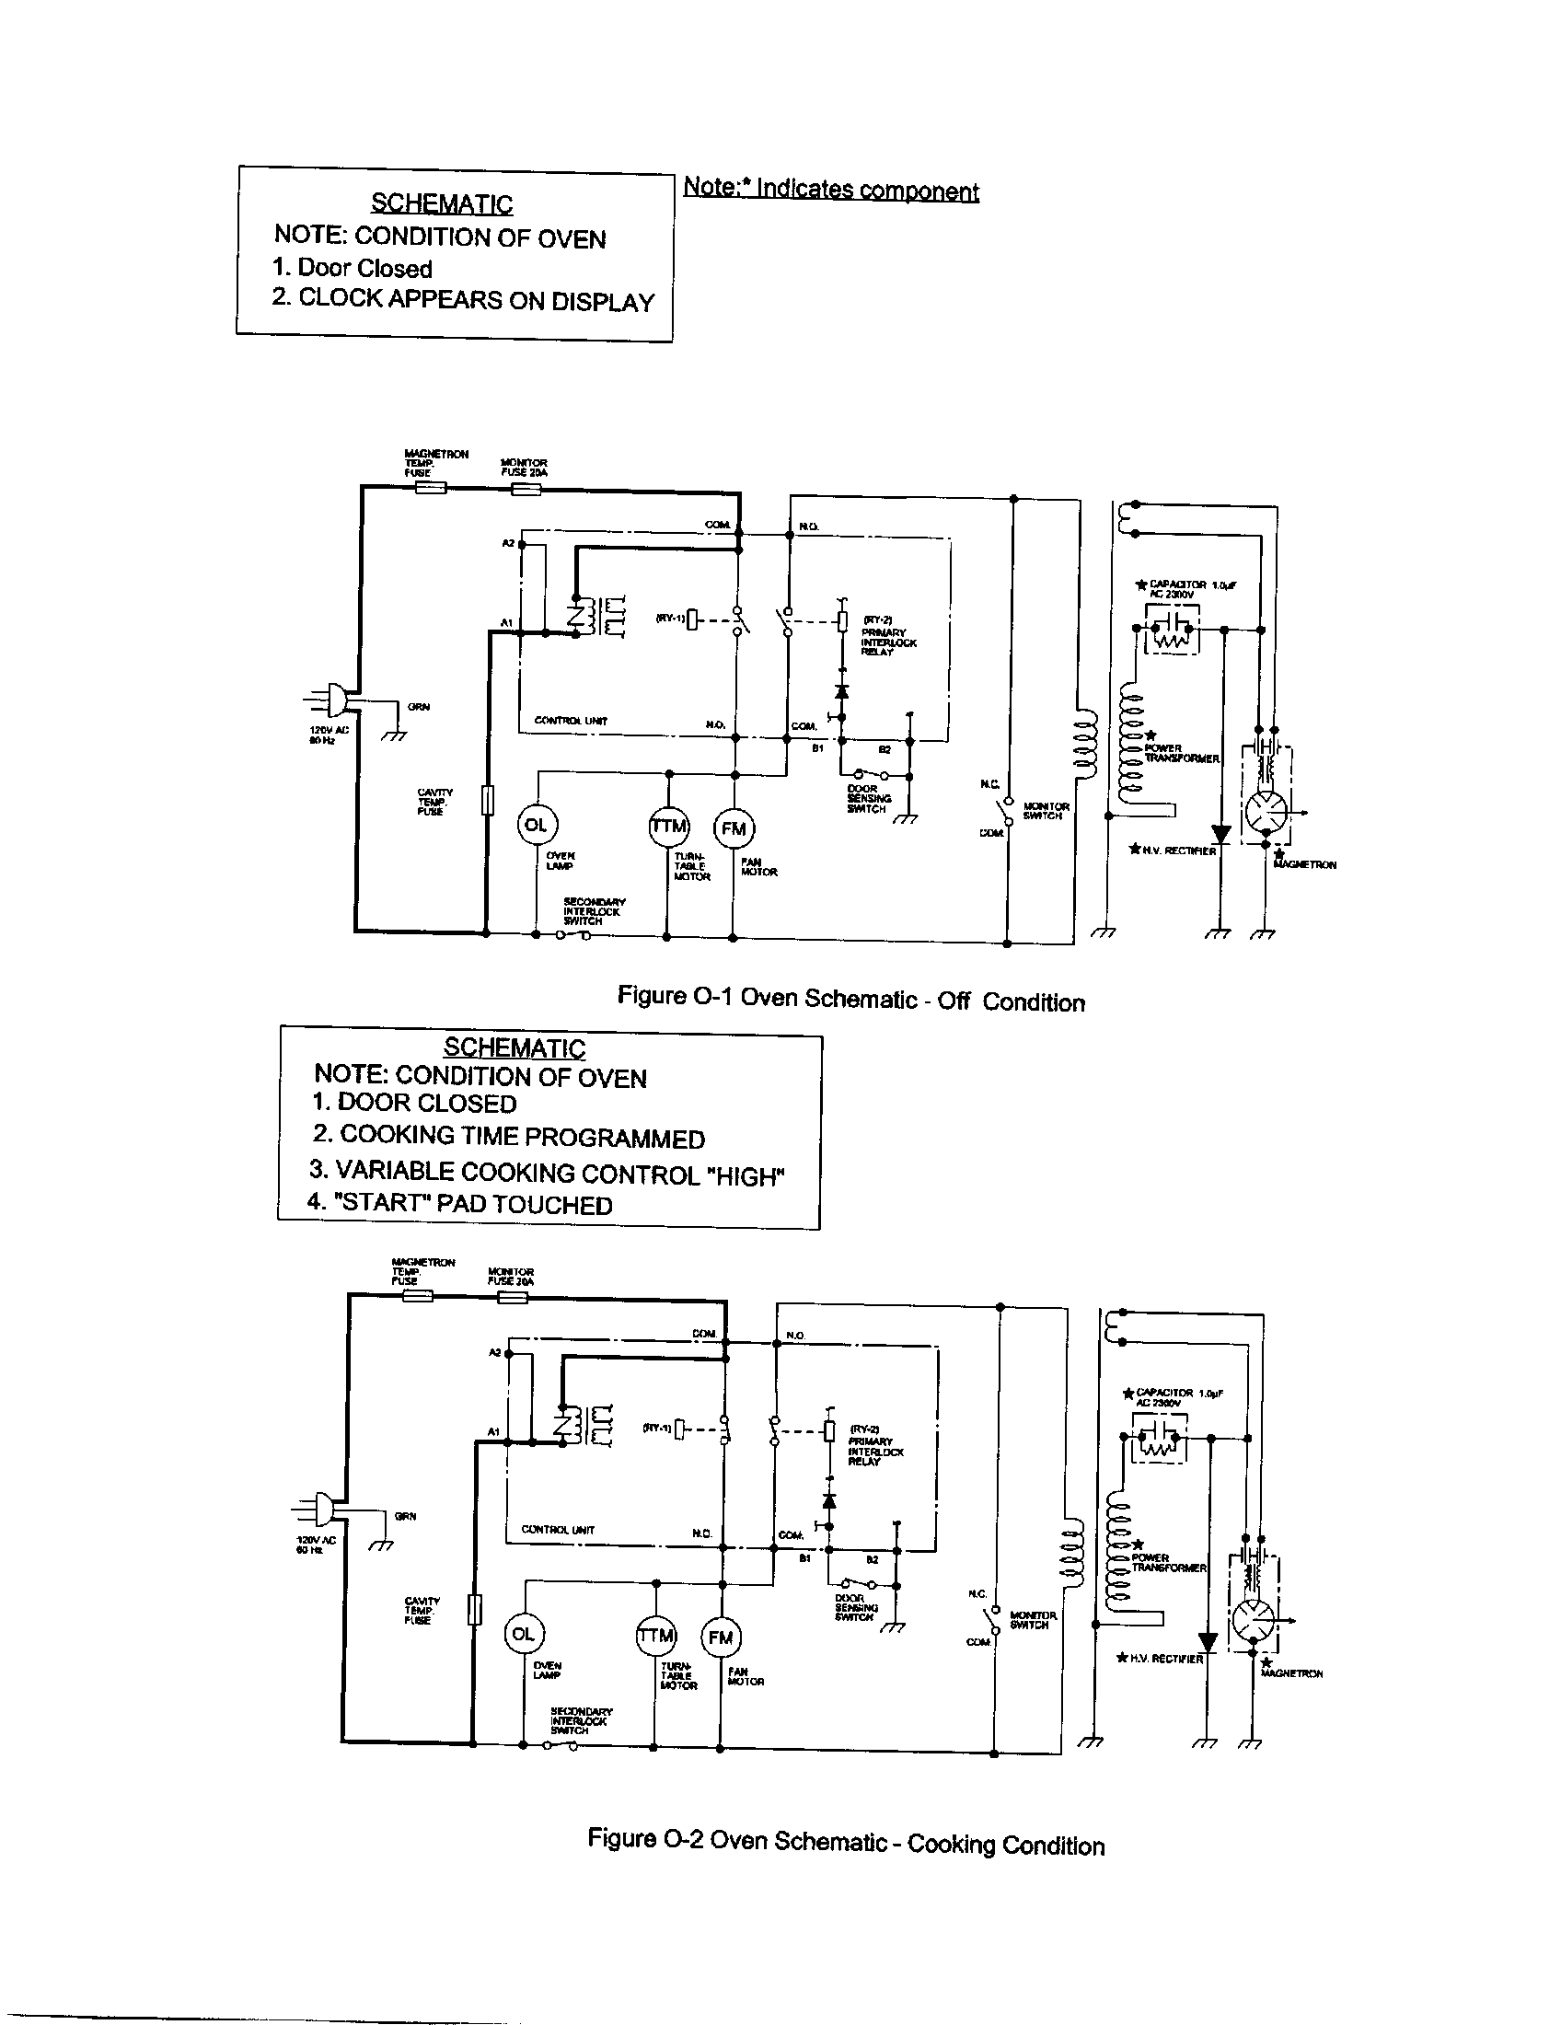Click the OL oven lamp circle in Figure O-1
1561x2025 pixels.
(537, 825)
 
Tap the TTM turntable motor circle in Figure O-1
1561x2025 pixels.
(668, 826)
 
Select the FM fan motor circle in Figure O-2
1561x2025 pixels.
(721, 1637)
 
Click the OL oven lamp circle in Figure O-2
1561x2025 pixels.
(524, 1634)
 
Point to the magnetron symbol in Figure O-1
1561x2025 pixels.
(1266, 812)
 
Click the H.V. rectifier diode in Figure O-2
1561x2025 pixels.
(1208, 1642)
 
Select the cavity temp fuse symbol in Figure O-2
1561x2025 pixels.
(474, 1609)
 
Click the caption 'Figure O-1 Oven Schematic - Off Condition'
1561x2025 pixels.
(850, 1000)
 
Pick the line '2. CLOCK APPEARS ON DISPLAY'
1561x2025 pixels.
(463, 299)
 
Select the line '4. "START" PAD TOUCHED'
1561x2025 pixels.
(460, 1204)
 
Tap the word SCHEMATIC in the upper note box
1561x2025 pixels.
(441, 203)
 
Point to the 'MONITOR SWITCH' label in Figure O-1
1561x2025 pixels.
(1046, 811)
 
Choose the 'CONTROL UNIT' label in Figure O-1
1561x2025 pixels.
(570, 721)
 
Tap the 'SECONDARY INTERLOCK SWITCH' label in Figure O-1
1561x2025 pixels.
(595, 911)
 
